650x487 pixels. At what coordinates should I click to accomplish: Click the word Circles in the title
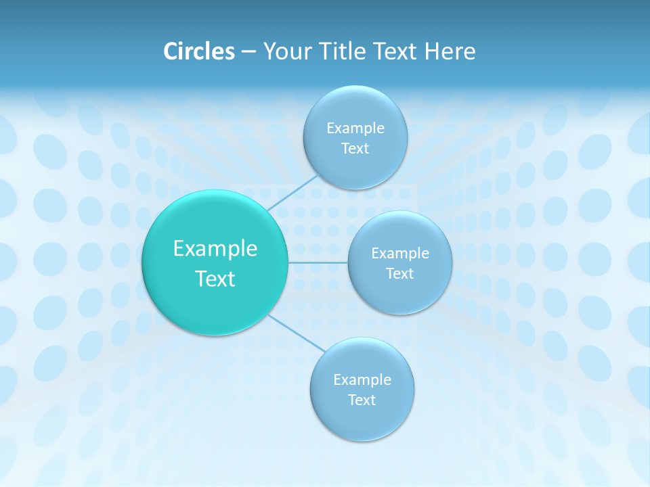pyautogui.click(x=198, y=51)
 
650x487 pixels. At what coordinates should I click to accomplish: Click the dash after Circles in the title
pyautogui.click(x=248, y=52)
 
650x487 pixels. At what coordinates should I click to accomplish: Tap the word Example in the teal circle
pyautogui.click(x=215, y=249)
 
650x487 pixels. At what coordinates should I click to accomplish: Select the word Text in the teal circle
pyautogui.click(x=215, y=279)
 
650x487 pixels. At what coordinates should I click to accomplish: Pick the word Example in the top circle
pyautogui.click(x=355, y=129)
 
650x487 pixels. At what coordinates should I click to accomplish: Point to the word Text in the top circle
pyautogui.click(x=355, y=149)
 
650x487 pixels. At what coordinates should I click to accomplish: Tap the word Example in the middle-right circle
pyautogui.click(x=400, y=254)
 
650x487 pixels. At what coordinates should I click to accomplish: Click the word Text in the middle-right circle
pyautogui.click(x=400, y=274)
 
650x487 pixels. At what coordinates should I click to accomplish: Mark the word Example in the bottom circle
pyautogui.click(x=362, y=380)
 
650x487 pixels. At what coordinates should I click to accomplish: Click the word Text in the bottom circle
pyautogui.click(x=362, y=400)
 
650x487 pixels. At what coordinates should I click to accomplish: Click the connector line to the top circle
pyautogui.click(x=292, y=193)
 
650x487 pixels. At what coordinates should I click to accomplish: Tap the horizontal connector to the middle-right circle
pyautogui.click(x=318, y=262)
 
